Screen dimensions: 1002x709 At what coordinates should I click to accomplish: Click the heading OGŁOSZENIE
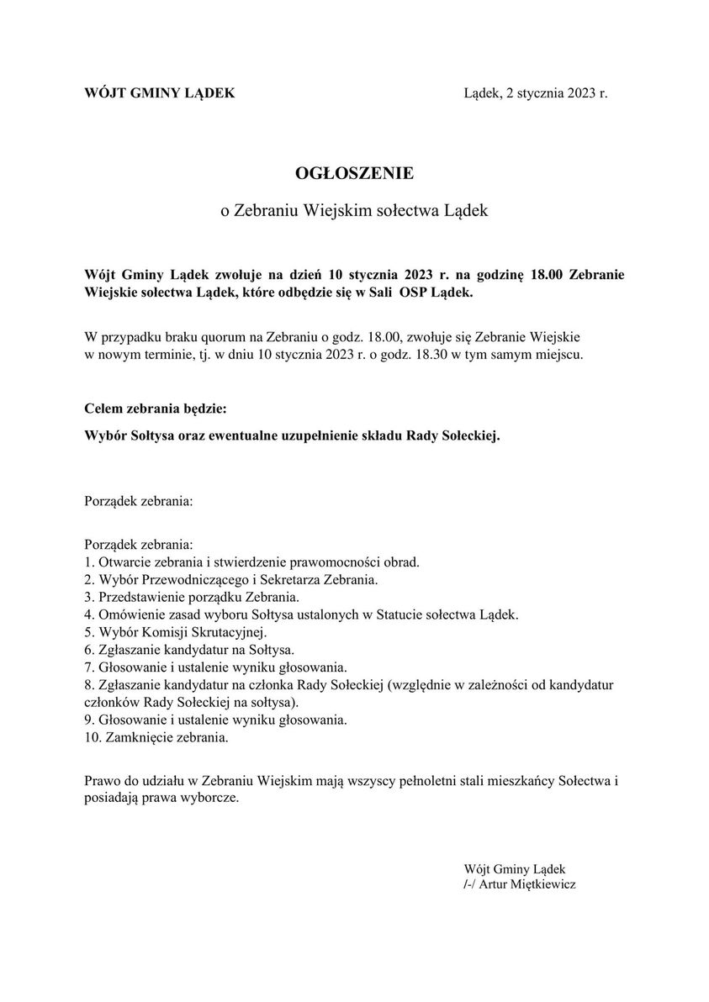point(354,173)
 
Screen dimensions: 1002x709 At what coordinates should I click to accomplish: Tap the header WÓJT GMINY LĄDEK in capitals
point(160,92)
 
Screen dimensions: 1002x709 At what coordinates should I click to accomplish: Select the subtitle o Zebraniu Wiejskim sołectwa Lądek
point(354,210)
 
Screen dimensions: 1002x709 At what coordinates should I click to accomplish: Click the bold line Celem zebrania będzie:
point(156,409)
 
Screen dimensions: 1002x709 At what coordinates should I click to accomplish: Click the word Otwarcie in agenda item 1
point(124,561)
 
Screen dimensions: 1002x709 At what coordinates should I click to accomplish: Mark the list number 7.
point(89,667)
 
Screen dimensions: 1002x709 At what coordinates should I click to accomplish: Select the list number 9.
point(89,720)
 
